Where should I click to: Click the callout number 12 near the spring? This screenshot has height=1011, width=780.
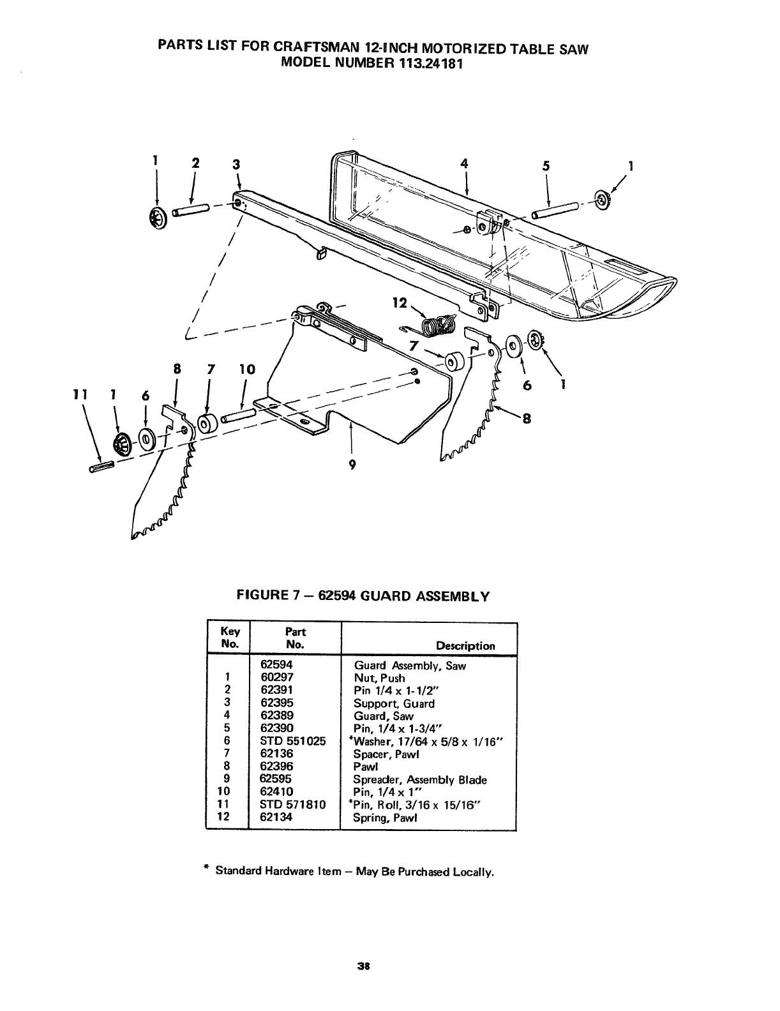point(400,303)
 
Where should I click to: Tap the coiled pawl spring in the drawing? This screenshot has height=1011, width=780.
point(438,325)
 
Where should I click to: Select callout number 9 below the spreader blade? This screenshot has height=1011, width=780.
point(351,465)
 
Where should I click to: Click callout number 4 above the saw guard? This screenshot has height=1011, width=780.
point(466,163)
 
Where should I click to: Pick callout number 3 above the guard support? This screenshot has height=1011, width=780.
point(236,164)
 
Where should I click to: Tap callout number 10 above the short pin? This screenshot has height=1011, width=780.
point(246,369)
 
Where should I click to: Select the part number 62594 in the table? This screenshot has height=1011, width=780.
point(276,665)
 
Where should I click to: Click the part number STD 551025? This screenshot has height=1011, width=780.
point(293,741)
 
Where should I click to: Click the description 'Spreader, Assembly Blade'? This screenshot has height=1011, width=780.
point(420,779)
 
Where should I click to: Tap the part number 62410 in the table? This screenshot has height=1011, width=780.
point(276,791)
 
